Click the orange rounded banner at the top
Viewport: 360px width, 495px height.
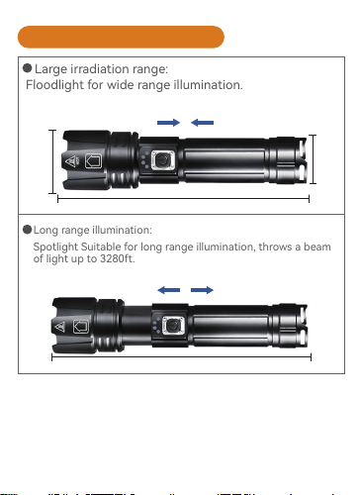pyautogui.click(x=121, y=37)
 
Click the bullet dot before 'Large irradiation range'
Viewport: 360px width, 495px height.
pyautogui.click(x=28, y=68)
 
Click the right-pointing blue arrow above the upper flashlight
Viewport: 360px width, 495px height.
pyautogui.click(x=168, y=123)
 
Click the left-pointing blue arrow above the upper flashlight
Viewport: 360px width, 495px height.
pyautogui.click(x=202, y=123)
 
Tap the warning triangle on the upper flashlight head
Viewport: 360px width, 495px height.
pyautogui.click(x=70, y=161)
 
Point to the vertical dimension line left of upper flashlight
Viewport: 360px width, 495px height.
pyautogui.click(x=52, y=161)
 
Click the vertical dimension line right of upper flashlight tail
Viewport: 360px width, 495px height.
pyautogui.click(x=313, y=159)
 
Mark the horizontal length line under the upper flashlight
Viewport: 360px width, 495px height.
pyautogui.click(x=183, y=199)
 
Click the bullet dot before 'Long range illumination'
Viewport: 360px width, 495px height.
pyautogui.click(x=27, y=230)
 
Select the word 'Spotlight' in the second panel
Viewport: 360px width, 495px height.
pyautogui.click(x=55, y=247)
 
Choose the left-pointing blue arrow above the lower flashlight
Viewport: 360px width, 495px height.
pyautogui.click(x=169, y=290)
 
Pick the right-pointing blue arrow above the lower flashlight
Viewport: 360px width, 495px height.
pyautogui.click(x=202, y=290)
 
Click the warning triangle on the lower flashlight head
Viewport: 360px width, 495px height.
pyautogui.click(x=59, y=327)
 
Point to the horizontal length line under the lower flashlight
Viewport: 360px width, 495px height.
pyautogui.click(x=181, y=356)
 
